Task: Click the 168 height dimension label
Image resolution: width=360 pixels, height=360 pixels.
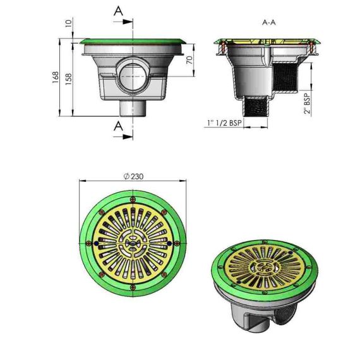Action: point(56,78)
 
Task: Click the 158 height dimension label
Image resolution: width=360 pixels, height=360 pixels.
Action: point(69,79)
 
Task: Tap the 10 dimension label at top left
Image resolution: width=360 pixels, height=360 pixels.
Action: point(69,23)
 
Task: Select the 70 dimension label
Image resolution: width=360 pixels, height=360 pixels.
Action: point(189,60)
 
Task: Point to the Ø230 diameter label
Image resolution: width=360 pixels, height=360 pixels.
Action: point(133,176)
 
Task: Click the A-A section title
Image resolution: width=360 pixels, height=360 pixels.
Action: point(269,23)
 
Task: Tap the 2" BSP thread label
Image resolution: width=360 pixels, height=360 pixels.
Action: point(307,104)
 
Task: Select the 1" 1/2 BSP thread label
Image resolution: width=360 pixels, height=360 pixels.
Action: point(225,123)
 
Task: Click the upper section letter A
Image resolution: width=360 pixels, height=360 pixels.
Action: point(118,11)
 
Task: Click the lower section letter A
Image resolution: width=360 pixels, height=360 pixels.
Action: point(118,126)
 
